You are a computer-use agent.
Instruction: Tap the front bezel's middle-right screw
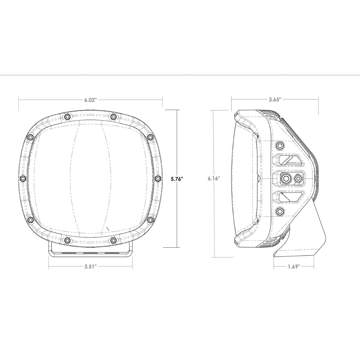pyautogui.click(x=158, y=178)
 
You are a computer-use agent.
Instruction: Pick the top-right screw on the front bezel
pyautogui.click(x=113, y=116)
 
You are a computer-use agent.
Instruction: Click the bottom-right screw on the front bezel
pyautogui.click(x=113, y=240)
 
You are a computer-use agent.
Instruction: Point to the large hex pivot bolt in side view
pyautogui.click(x=285, y=178)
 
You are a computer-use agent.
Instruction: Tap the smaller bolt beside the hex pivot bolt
pyautogui.click(x=298, y=178)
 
